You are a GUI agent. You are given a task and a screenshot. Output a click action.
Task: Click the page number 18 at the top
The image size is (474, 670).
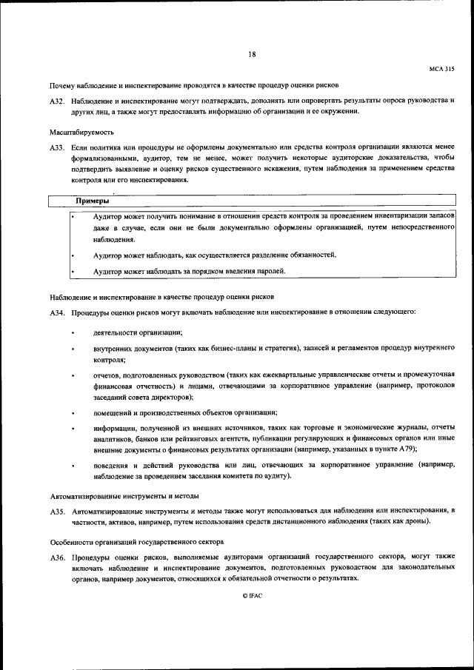pyautogui.click(x=252, y=54)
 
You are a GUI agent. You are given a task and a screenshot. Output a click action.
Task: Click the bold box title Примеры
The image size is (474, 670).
pyautogui.click(x=93, y=201)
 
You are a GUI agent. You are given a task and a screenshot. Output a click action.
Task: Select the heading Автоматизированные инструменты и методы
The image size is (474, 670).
pyautogui.click(x=124, y=496)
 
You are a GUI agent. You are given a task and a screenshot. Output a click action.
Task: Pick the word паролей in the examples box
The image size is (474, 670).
pyautogui.click(x=247, y=272)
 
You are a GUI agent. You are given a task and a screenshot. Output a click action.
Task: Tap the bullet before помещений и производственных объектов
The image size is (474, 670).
pyautogui.click(x=73, y=412)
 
